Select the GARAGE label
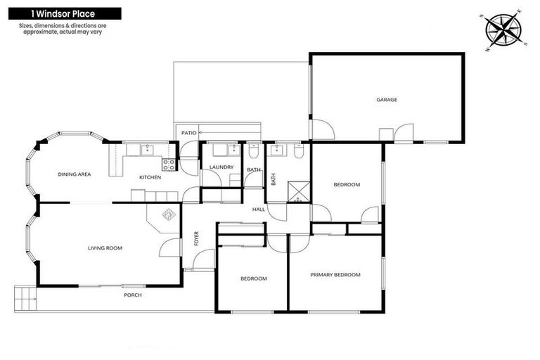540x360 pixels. tap(386, 100)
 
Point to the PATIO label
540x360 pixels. tap(188, 132)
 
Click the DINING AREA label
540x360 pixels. tap(74, 174)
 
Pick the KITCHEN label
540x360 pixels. tap(150, 177)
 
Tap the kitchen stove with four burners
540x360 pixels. tap(169, 165)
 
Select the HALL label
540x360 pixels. tap(259, 210)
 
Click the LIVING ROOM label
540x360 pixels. tap(105, 247)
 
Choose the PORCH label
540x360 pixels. tap(132, 295)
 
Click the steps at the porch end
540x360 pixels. tap(23, 297)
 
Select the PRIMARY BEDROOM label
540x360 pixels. tap(335, 275)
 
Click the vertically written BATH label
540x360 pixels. tap(274, 179)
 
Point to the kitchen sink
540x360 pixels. tap(148, 149)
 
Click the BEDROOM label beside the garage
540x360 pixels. tap(346, 184)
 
